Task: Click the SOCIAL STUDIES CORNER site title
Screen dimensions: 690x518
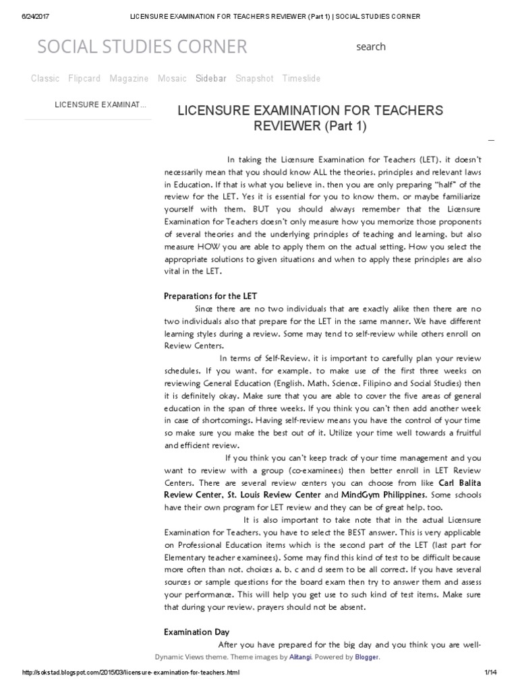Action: pyautogui.click(x=142, y=46)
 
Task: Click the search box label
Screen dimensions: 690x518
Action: pyautogui.click(x=371, y=46)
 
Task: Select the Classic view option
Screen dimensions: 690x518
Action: pyautogui.click(x=45, y=78)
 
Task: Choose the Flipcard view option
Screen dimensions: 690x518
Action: pyautogui.click(x=84, y=78)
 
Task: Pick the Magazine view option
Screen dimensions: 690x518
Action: pyautogui.click(x=129, y=78)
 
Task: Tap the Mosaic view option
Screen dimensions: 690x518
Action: pyautogui.click(x=172, y=78)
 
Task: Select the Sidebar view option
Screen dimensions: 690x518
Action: pyautogui.click(x=211, y=78)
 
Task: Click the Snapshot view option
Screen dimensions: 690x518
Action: pyautogui.click(x=254, y=78)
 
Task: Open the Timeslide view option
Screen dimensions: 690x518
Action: pyautogui.click(x=301, y=78)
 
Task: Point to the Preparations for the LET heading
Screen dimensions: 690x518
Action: pyautogui.click(x=210, y=296)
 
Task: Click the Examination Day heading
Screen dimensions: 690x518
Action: pyautogui.click(x=197, y=632)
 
